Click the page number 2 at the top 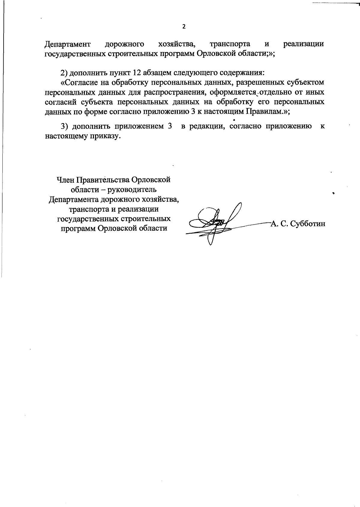click(x=184, y=27)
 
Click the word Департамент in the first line click(x=67, y=44)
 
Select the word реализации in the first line click(x=304, y=44)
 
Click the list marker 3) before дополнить click(x=65, y=126)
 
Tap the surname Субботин click(x=310, y=224)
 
